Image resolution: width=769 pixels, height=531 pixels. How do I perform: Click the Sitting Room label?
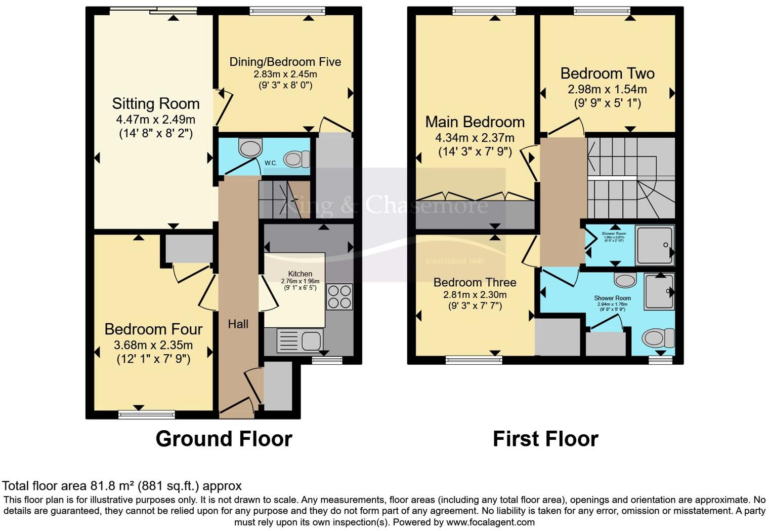pos(156,104)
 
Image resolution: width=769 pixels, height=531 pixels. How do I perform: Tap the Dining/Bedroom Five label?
pos(285,62)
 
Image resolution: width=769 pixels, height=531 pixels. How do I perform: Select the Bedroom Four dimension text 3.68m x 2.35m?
pos(153,346)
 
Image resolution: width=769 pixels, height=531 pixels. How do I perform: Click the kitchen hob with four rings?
pos(339,297)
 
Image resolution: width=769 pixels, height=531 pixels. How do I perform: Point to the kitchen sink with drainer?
pos(300,340)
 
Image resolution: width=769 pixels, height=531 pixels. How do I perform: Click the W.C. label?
pos(271,163)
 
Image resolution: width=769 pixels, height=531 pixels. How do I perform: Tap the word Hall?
pos(238,324)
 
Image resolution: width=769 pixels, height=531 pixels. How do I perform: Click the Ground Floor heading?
pos(224,439)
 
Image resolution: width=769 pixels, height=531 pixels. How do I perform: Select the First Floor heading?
pos(545,439)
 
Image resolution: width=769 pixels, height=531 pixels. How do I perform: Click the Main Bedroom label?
pos(475,122)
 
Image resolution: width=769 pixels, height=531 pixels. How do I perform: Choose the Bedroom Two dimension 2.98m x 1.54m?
pos(607,90)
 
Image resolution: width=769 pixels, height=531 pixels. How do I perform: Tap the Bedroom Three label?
pos(475,282)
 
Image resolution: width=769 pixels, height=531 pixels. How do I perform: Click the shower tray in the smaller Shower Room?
pos(655,245)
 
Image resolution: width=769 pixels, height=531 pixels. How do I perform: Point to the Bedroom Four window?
pos(146,414)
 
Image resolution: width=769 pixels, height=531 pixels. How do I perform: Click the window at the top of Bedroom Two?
pos(602,11)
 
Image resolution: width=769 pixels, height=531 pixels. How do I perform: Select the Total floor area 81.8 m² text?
pos(122,486)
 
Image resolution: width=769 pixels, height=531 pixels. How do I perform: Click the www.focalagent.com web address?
pos(490,522)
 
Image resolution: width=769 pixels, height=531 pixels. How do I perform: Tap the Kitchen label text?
pos(300,274)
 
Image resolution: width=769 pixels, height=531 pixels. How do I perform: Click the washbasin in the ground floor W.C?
pos(249,148)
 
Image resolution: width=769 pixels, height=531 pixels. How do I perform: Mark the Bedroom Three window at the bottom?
pos(474,360)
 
